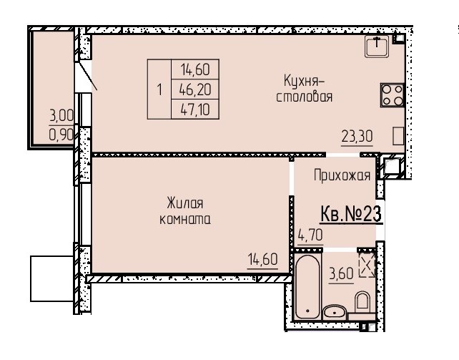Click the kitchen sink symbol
(377, 46)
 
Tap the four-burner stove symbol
(393, 95)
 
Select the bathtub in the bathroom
(307, 287)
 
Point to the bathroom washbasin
(335, 313)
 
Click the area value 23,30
(357, 137)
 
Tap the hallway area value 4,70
(310, 235)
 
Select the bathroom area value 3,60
(341, 274)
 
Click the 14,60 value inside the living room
(262, 259)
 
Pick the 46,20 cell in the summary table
(195, 89)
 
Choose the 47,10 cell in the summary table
(195, 110)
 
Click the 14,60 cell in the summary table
(195, 69)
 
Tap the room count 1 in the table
(159, 89)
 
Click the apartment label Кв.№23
(351, 214)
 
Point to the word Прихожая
(342, 175)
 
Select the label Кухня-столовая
(304, 89)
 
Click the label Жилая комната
(185, 211)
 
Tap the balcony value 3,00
(61, 116)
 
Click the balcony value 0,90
(61, 135)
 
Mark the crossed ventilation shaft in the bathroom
(367, 265)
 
